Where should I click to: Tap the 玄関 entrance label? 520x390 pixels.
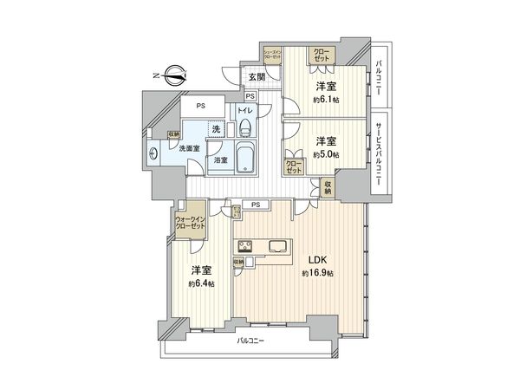(257, 77)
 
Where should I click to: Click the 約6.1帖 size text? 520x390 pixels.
(326, 100)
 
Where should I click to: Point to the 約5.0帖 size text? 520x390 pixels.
(326, 154)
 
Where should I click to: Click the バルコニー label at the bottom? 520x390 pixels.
(250, 341)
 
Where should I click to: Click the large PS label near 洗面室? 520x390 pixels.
(200, 107)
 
